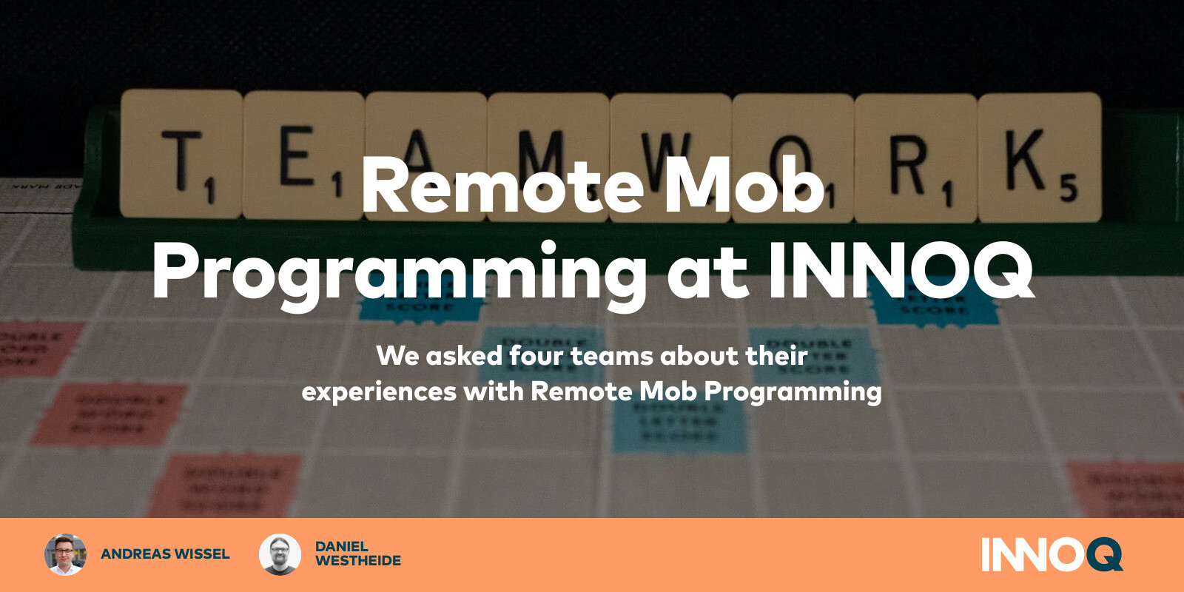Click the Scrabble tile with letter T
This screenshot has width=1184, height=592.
click(x=181, y=155)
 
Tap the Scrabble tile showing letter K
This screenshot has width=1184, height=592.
click(x=1038, y=157)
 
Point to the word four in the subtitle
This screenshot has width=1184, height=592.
click(x=536, y=356)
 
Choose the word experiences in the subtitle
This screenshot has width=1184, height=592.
click(x=379, y=391)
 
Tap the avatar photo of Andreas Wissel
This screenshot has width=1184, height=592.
click(x=65, y=554)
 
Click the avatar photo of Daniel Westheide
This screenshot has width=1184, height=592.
click(x=280, y=554)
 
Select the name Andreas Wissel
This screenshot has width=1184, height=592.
click(x=165, y=554)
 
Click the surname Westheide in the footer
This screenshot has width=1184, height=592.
click(x=358, y=562)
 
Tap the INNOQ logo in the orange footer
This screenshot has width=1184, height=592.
click(x=1052, y=554)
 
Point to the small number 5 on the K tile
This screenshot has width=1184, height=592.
click(x=1068, y=190)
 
